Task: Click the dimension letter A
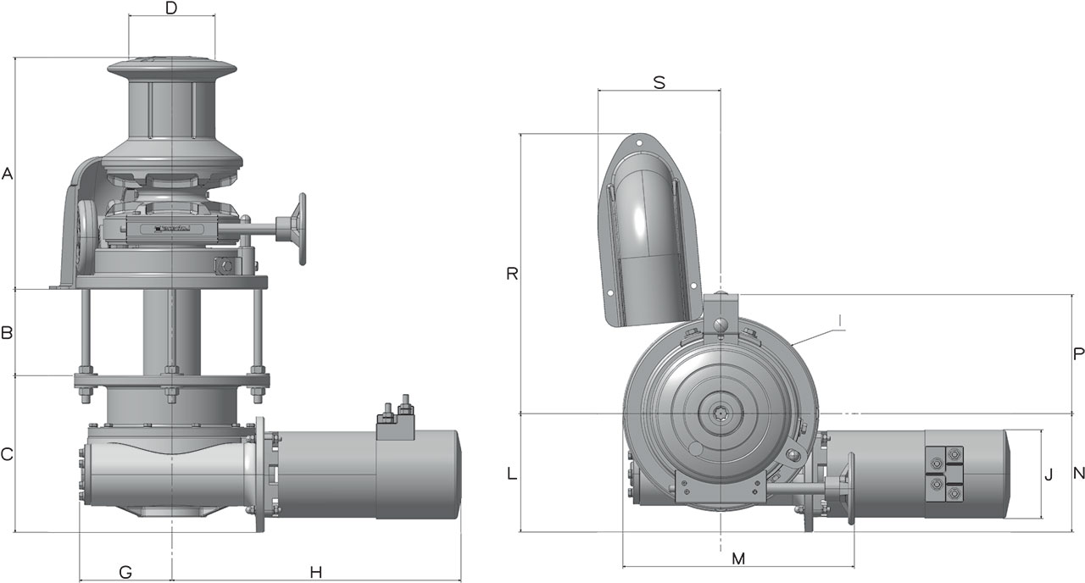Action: pyautogui.click(x=7, y=174)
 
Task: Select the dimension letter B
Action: pyautogui.click(x=6, y=333)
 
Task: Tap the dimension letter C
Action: pyautogui.click(x=6, y=454)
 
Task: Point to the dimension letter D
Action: pyautogui.click(x=171, y=8)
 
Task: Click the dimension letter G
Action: pyautogui.click(x=125, y=572)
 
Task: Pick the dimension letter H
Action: pyautogui.click(x=316, y=572)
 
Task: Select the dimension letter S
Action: pyautogui.click(x=659, y=83)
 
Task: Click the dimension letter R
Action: pyautogui.click(x=512, y=274)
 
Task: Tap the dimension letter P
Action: pyautogui.click(x=1078, y=354)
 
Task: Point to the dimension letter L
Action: pyautogui.click(x=512, y=474)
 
